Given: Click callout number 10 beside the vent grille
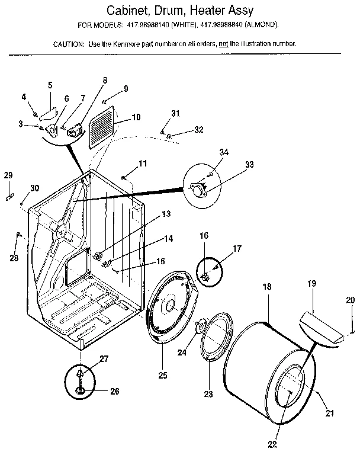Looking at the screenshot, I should coord(136,117).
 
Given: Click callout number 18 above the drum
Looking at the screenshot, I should coord(267,286).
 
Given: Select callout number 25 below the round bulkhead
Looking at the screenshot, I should coord(162,375).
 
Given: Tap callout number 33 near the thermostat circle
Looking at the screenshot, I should coord(249,164).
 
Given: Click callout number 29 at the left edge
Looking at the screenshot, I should coord(8,175).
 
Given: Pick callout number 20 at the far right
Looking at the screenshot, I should coord(351,300).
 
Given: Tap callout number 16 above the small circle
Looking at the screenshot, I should coord(204,235).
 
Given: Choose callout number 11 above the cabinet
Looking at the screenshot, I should coord(142,163).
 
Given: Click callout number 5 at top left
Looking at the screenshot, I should coord(50,85).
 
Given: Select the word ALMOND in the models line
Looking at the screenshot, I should coord(262,25).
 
